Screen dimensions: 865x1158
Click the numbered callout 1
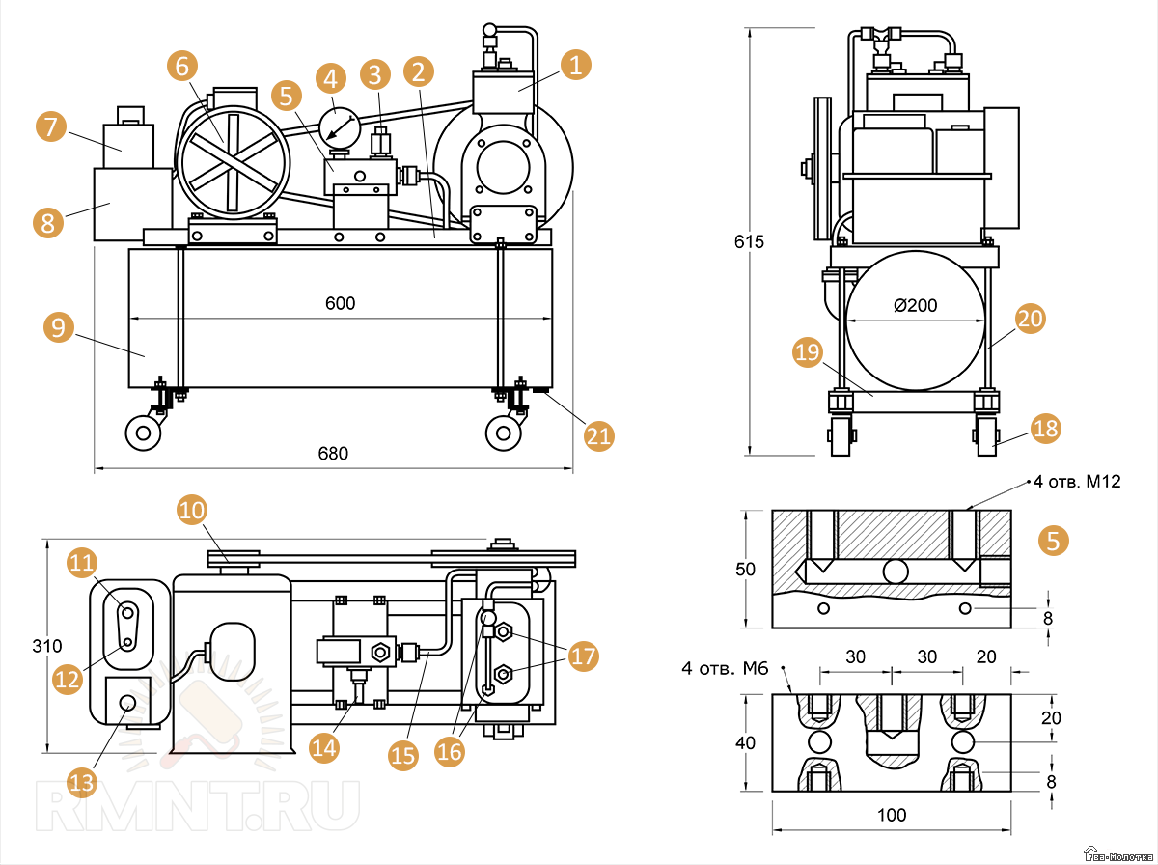click(575, 66)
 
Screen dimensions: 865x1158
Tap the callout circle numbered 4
click(331, 79)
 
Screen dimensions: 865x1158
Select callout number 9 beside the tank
click(59, 327)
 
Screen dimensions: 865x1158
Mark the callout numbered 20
click(1031, 320)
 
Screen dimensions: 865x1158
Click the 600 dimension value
click(340, 303)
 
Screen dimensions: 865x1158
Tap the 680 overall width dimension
click(333, 454)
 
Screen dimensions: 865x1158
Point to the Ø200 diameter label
click(916, 306)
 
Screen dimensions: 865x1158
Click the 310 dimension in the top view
click(45, 645)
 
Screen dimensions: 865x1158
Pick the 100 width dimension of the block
click(892, 815)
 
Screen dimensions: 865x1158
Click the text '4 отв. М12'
click(1076, 481)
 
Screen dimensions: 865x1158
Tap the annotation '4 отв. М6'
click(725, 667)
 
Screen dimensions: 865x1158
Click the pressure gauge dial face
click(339, 126)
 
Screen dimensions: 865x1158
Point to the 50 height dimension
click(745, 570)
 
